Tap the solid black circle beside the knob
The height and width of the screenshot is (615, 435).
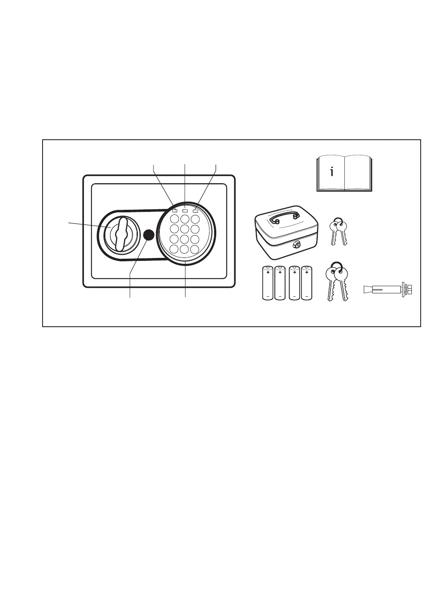pyautogui.click(x=148, y=235)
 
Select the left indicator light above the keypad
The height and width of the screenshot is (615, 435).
pyautogui.click(x=175, y=209)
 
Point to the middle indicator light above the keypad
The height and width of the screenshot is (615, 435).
pyautogui.click(x=185, y=209)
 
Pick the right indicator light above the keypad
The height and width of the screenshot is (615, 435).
pyautogui.click(x=195, y=209)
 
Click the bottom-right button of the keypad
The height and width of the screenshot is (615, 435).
pyautogui.click(x=194, y=249)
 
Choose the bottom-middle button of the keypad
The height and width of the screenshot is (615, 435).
pyautogui.click(x=184, y=249)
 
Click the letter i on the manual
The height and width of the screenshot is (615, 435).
pyautogui.click(x=332, y=172)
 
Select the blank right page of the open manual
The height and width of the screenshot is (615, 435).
pyautogui.click(x=357, y=173)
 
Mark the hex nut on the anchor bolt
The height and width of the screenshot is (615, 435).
pyautogui.click(x=408, y=290)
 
